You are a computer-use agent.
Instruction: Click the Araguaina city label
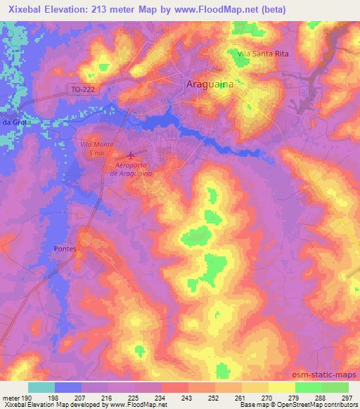tap(211, 84)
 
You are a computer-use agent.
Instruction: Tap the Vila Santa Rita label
tap(264, 53)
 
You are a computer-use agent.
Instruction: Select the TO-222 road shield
tap(82, 89)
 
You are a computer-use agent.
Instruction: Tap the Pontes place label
tap(65, 249)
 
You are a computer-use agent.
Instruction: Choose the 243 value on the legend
tap(186, 398)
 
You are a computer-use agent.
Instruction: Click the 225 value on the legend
tap(133, 398)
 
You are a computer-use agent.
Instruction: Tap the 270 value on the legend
tap(266, 398)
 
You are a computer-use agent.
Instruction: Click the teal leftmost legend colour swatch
tap(41, 387)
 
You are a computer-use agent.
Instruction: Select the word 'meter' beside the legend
tap(9, 398)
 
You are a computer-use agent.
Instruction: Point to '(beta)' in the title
tap(269, 8)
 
